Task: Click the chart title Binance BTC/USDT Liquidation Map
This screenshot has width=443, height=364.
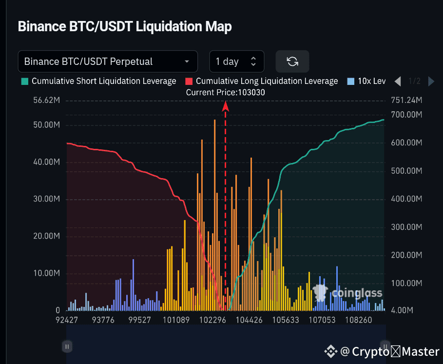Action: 125,26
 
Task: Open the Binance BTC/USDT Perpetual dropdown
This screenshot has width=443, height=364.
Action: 108,61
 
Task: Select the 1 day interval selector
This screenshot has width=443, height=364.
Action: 237,61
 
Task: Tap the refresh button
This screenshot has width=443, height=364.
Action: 292,61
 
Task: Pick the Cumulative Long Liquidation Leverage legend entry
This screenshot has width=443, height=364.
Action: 262,81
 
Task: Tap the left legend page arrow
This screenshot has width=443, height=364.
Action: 398,81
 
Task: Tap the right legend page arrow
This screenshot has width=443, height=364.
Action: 431,81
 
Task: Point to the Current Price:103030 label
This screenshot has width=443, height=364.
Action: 226,92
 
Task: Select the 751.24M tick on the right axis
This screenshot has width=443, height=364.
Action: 407,101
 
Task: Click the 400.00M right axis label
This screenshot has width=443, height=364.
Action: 407,199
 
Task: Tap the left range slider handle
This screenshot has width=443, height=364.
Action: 67,346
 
